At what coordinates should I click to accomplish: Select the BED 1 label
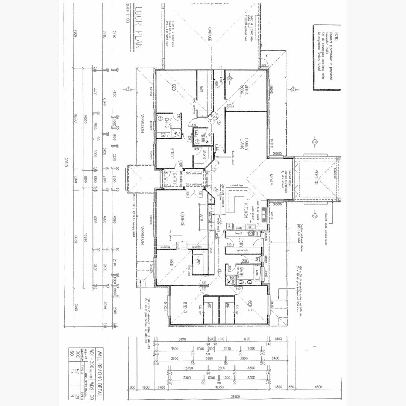(x=174, y=90)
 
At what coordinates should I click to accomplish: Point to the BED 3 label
(x=185, y=308)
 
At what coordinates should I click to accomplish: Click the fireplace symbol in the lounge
(x=183, y=245)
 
